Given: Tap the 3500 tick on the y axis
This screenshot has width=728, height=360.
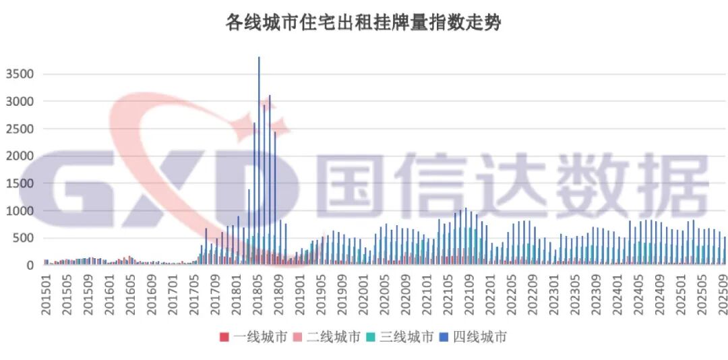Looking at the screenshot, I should pos(18,73).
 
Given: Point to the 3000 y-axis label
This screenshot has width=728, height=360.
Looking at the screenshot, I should pos(18,101).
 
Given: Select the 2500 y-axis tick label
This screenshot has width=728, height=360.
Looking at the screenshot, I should pos(18,129).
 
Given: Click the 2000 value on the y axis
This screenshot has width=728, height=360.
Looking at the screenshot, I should pos(18,156).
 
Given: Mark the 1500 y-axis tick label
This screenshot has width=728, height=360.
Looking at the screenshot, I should pos(18,183).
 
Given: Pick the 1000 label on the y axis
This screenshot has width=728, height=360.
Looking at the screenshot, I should pos(18,211).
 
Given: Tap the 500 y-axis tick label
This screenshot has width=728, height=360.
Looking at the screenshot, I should pos(22,238).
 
